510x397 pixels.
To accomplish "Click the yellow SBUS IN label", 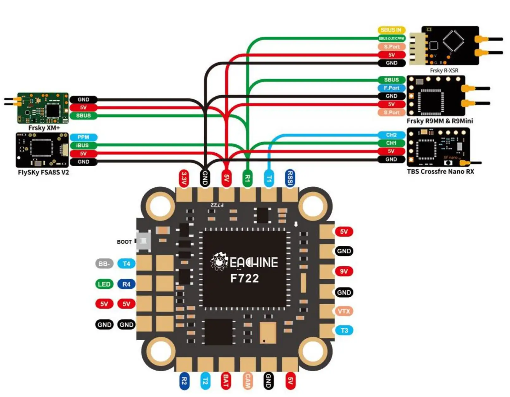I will [391, 30].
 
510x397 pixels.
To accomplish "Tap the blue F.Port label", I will [391, 88].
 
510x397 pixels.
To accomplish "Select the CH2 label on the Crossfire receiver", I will [391, 135].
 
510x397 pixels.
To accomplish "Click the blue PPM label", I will [83, 137].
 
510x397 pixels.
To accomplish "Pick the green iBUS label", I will [83, 145].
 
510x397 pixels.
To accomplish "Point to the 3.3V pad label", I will [184, 178].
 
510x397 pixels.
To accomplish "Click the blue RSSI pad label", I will [290, 178].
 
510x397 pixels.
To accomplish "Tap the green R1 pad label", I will [248, 179].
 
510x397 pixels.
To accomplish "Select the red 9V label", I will [344, 271].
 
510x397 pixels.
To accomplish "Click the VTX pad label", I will [344, 311].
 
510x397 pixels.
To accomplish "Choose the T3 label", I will [344, 330].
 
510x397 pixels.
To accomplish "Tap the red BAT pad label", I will [226, 381].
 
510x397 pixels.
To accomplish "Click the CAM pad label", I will [248, 381].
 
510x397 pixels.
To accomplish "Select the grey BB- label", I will [104, 264].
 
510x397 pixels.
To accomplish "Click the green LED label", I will [104, 284].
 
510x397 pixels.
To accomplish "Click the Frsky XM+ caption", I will [44, 128].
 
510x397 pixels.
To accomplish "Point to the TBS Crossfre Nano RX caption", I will [440, 172].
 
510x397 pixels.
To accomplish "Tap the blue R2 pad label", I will [184, 381].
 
